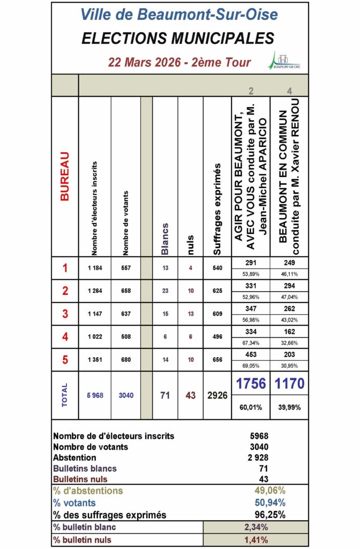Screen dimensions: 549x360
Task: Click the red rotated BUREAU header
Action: tap(65, 176)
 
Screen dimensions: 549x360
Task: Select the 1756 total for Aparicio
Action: tap(251, 384)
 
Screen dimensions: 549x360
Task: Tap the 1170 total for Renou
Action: tap(290, 384)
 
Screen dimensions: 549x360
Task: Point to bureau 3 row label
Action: tap(65, 314)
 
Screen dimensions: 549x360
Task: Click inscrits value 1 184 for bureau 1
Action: tap(95, 268)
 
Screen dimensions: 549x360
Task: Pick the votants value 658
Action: tap(126, 291)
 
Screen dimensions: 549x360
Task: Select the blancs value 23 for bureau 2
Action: tap(165, 291)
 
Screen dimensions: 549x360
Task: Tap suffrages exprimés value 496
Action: tap(216, 337)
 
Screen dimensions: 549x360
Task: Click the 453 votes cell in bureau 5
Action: tap(251, 355)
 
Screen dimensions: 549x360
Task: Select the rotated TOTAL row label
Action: tap(65, 395)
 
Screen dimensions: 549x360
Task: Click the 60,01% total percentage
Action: tap(251, 407)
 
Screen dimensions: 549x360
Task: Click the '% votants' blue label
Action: tap(74, 503)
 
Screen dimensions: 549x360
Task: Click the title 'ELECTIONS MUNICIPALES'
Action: tap(178, 38)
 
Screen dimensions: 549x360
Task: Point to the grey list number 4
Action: tap(290, 91)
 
